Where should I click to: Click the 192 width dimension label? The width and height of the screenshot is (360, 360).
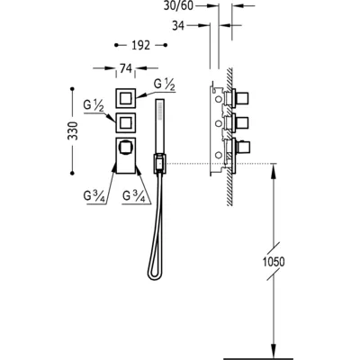pyautogui.click(x=140, y=45)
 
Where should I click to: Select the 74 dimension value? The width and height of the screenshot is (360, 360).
pyautogui.click(x=126, y=68)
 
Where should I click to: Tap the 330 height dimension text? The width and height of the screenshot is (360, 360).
pyautogui.click(x=72, y=130)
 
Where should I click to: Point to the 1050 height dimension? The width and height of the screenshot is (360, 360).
pyautogui.click(x=274, y=262)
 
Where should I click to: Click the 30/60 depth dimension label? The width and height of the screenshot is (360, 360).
pyautogui.click(x=178, y=5)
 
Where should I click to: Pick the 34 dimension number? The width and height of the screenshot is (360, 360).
pyautogui.click(x=178, y=26)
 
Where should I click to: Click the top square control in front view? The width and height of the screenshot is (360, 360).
pyautogui.click(x=126, y=98)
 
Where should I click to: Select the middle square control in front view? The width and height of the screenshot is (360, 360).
pyautogui.click(x=126, y=122)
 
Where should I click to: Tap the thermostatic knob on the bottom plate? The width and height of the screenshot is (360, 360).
pyautogui.click(x=124, y=148)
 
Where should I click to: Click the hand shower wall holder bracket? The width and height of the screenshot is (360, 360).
pyautogui.click(x=160, y=163)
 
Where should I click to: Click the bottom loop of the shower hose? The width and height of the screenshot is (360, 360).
pyautogui.click(x=153, y=275)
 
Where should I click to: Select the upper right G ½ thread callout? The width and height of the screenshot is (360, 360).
pyautogui.click(x=164, y=84)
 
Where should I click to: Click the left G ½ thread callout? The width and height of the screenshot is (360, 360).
pyautogui.click(x=94, y=106)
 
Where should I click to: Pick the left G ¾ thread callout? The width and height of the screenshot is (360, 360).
pyautogui.click(x=94, y=196)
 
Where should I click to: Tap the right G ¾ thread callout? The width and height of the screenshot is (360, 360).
pyautogui.click(x=134, y=196)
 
